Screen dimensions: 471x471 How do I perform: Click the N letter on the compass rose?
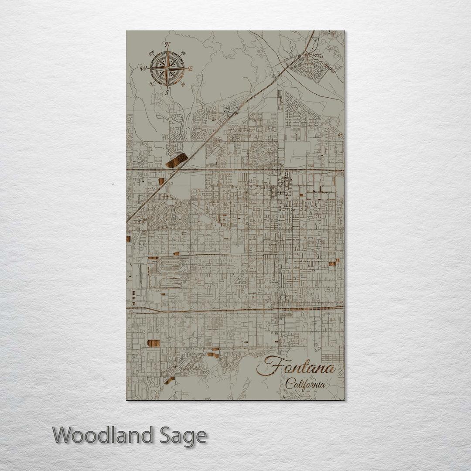click(x=167, y=44)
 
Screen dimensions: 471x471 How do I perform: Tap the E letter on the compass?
click(x=190, y=68)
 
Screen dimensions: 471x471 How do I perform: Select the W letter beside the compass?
click(x=143, y=68)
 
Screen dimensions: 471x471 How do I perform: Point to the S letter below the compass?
click(x=167, y=92)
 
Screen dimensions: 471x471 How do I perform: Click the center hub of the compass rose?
click(x=167, y=68)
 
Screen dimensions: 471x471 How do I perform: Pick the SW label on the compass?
click(x=151, y=84)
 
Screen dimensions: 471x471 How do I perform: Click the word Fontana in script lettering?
click(x=296, y=367)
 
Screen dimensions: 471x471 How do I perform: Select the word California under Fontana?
click(x=305, y=384)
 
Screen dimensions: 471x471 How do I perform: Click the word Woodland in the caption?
click(x=103, y=435)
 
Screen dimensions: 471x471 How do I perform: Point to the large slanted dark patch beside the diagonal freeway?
click(x=177, y=160)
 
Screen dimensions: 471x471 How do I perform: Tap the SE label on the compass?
click(x=183, y=84)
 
